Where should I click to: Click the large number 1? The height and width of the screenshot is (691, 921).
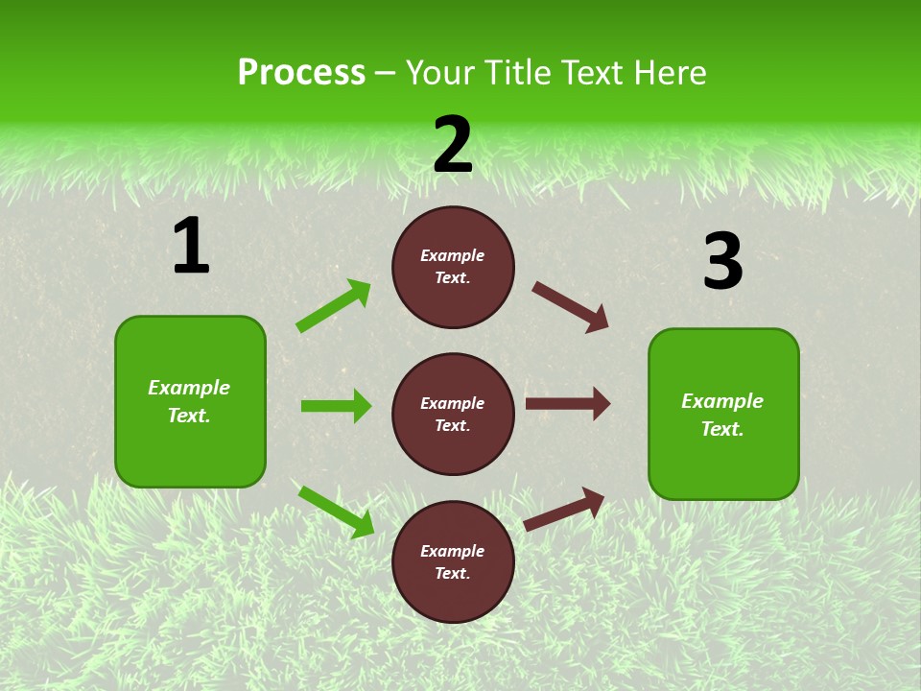[x=191, y=246]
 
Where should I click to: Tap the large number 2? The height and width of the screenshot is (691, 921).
[x=453, y=144]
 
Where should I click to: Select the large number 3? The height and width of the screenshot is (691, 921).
[x=722, y=261]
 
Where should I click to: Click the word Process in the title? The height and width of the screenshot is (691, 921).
[x=301, y=73]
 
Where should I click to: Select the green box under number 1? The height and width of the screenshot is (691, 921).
[x=190, y=401]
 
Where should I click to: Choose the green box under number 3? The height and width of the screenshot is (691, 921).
[x=723, y=414]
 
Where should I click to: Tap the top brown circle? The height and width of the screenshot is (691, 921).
[x=453, y=267]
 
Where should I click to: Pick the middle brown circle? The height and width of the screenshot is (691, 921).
[x=453, y=414]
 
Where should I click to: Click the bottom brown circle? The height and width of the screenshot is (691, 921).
[x=453, y=561]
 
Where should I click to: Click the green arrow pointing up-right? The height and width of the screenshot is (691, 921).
[x=334, y=306]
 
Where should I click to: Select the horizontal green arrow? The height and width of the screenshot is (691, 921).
[x=336, y=406]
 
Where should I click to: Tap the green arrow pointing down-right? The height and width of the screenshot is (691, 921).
[x=336, y=512]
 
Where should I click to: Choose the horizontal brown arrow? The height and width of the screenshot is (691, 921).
[x=568, y=404]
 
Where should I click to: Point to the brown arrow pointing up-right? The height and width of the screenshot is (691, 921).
[x=564, y=509]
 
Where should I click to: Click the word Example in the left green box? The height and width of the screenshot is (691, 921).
[x=189, y=388]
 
